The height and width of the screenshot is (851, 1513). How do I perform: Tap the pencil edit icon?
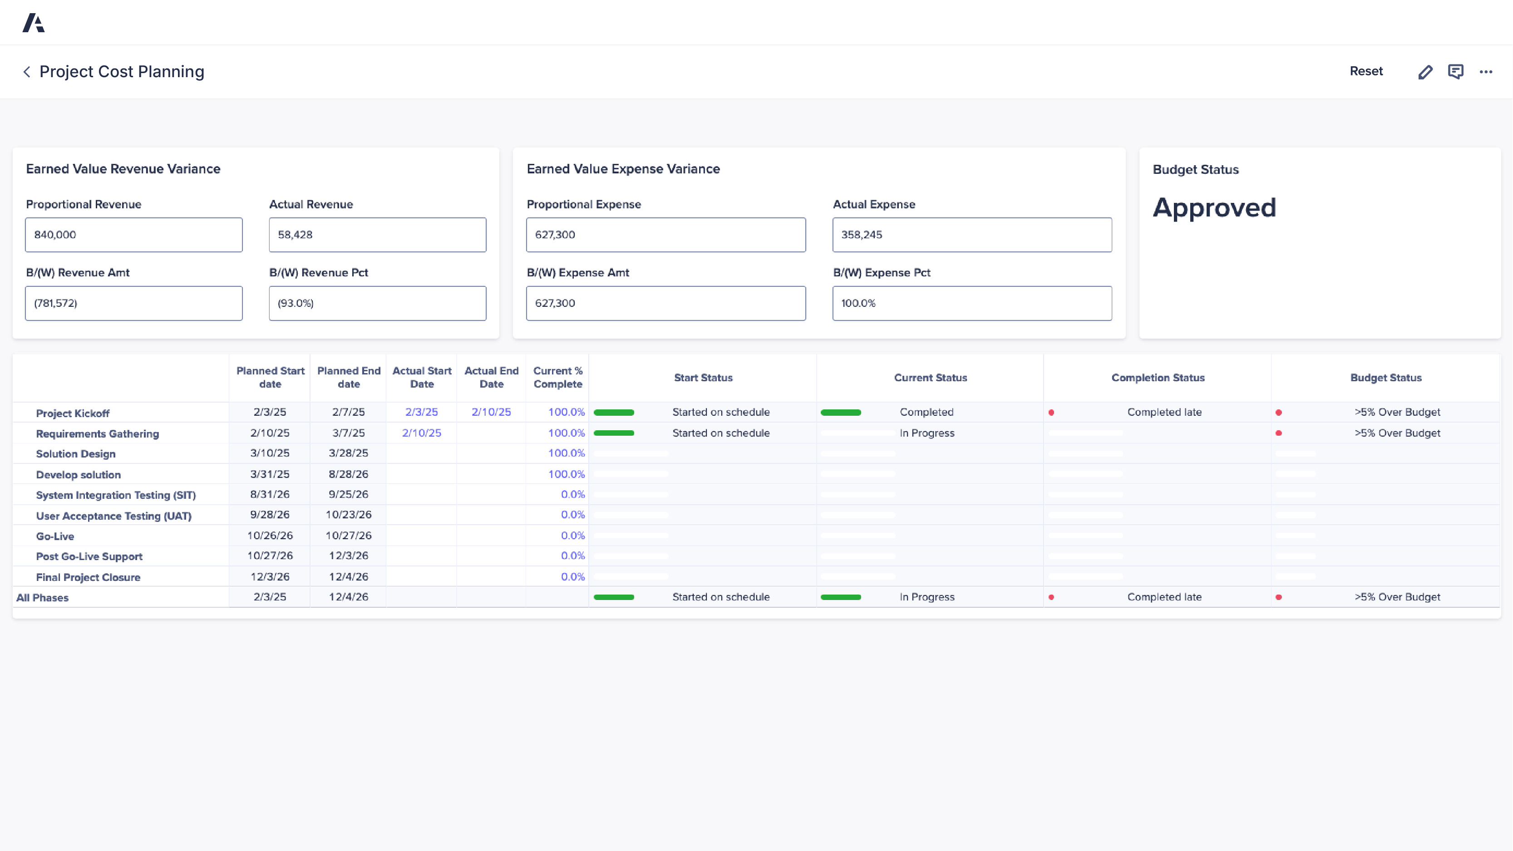click(1425, 72)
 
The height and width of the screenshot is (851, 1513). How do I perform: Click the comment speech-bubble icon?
click(1455, 72)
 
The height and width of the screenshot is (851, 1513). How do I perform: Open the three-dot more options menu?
click(1486, 72)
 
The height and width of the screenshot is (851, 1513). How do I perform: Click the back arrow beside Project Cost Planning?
click(26, 72)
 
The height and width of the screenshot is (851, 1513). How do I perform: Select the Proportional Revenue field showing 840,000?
click(133, 235)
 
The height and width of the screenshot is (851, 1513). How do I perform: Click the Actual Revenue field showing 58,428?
click(377, 235)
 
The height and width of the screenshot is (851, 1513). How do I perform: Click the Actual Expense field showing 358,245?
click(971, 235)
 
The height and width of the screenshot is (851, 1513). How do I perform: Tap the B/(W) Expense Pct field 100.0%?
click(971, 303)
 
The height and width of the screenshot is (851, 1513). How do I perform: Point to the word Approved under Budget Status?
click(1214, 208)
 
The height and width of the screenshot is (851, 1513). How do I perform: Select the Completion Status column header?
click(1157, 378)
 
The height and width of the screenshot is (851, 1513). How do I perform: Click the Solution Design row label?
click(76, 454)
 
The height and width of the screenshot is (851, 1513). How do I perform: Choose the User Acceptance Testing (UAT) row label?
click(113, 516)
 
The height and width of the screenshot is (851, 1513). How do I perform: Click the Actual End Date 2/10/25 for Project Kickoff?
click(491, 412)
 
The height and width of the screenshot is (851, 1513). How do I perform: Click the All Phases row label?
click(42, 597)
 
